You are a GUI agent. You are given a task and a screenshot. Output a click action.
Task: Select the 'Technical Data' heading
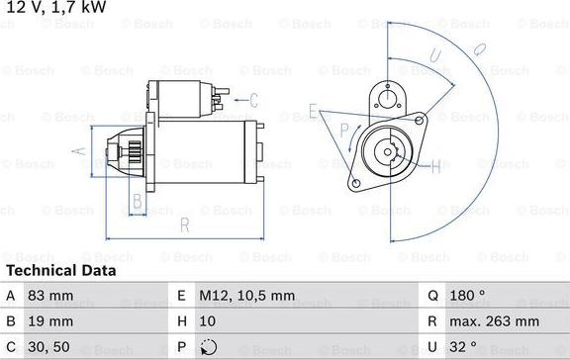[x=61, y=270]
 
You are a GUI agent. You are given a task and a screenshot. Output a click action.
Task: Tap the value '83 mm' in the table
[x=52, y=295]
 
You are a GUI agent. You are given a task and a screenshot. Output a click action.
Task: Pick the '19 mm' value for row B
[x=52, y=320]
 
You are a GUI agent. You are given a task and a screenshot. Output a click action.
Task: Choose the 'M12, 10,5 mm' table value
[x=247, y=295]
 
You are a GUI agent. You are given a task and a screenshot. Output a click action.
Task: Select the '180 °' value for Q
[x=469, y=295]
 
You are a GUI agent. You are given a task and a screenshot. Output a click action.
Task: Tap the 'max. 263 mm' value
[x=495, y=320]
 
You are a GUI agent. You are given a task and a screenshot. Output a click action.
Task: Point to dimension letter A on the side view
[x=81, y=152]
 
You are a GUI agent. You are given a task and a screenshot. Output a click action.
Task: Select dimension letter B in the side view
[x=138, y=202]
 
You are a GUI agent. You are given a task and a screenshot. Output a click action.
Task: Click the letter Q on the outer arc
[x=478, y=45]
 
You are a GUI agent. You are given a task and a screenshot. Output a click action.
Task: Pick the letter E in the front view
[x=313, y=109]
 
